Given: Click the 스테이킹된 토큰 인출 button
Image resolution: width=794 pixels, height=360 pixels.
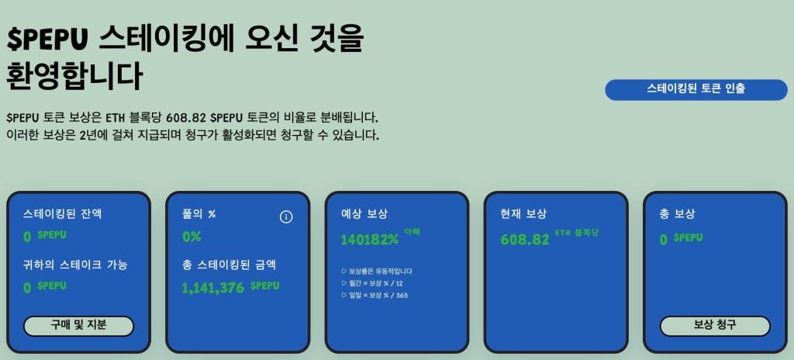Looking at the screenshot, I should point(696,89).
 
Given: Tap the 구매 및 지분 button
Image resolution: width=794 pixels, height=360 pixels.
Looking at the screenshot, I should point(78,326).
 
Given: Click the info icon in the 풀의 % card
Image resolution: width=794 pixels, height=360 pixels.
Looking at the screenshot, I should point(286,216).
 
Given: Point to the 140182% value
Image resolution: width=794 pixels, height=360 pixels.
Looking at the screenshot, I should point(369,239).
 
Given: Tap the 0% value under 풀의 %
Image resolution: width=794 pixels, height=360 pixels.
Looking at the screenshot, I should point(192,236).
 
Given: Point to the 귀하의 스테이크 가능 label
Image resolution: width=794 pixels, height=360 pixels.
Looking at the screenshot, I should point(76,265).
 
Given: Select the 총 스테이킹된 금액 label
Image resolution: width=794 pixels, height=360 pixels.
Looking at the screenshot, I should point(229,265).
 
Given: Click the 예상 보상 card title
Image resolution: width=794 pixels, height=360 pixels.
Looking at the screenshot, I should point(364,214).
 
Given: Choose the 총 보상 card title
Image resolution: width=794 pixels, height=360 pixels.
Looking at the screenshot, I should point(677,214).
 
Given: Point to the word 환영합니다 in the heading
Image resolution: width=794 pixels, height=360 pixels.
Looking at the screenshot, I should point(74,77).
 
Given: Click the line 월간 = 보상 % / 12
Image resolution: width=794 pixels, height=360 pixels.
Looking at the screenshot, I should point(375,283).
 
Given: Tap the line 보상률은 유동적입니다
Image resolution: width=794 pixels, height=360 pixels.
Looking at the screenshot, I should point(377,272).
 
